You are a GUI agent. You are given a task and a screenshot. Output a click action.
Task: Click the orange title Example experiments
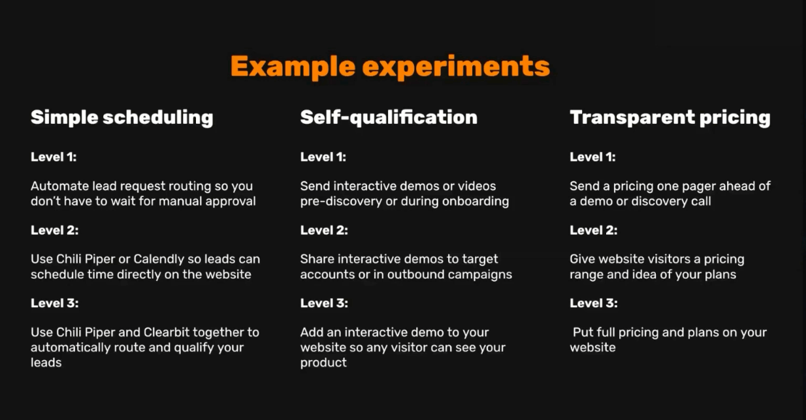point(390,67)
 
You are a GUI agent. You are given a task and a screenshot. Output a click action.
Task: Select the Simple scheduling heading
point(122,118)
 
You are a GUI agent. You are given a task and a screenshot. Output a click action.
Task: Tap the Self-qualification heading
point(389,118)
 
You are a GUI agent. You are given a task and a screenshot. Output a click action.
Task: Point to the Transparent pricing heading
point(670,118)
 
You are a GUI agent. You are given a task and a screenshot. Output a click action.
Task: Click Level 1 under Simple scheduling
point(54,157)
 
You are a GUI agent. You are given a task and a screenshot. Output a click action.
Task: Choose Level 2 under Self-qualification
point(324,230)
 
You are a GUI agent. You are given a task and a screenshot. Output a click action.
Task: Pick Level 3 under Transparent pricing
point(594,303)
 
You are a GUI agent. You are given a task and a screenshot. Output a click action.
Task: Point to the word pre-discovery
point(341,202)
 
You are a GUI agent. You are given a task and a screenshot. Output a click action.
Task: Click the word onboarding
point(476,202)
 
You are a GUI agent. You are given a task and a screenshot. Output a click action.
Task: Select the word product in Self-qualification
point(323,363)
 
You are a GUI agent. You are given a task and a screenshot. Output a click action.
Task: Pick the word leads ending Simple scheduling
point(46,363)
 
